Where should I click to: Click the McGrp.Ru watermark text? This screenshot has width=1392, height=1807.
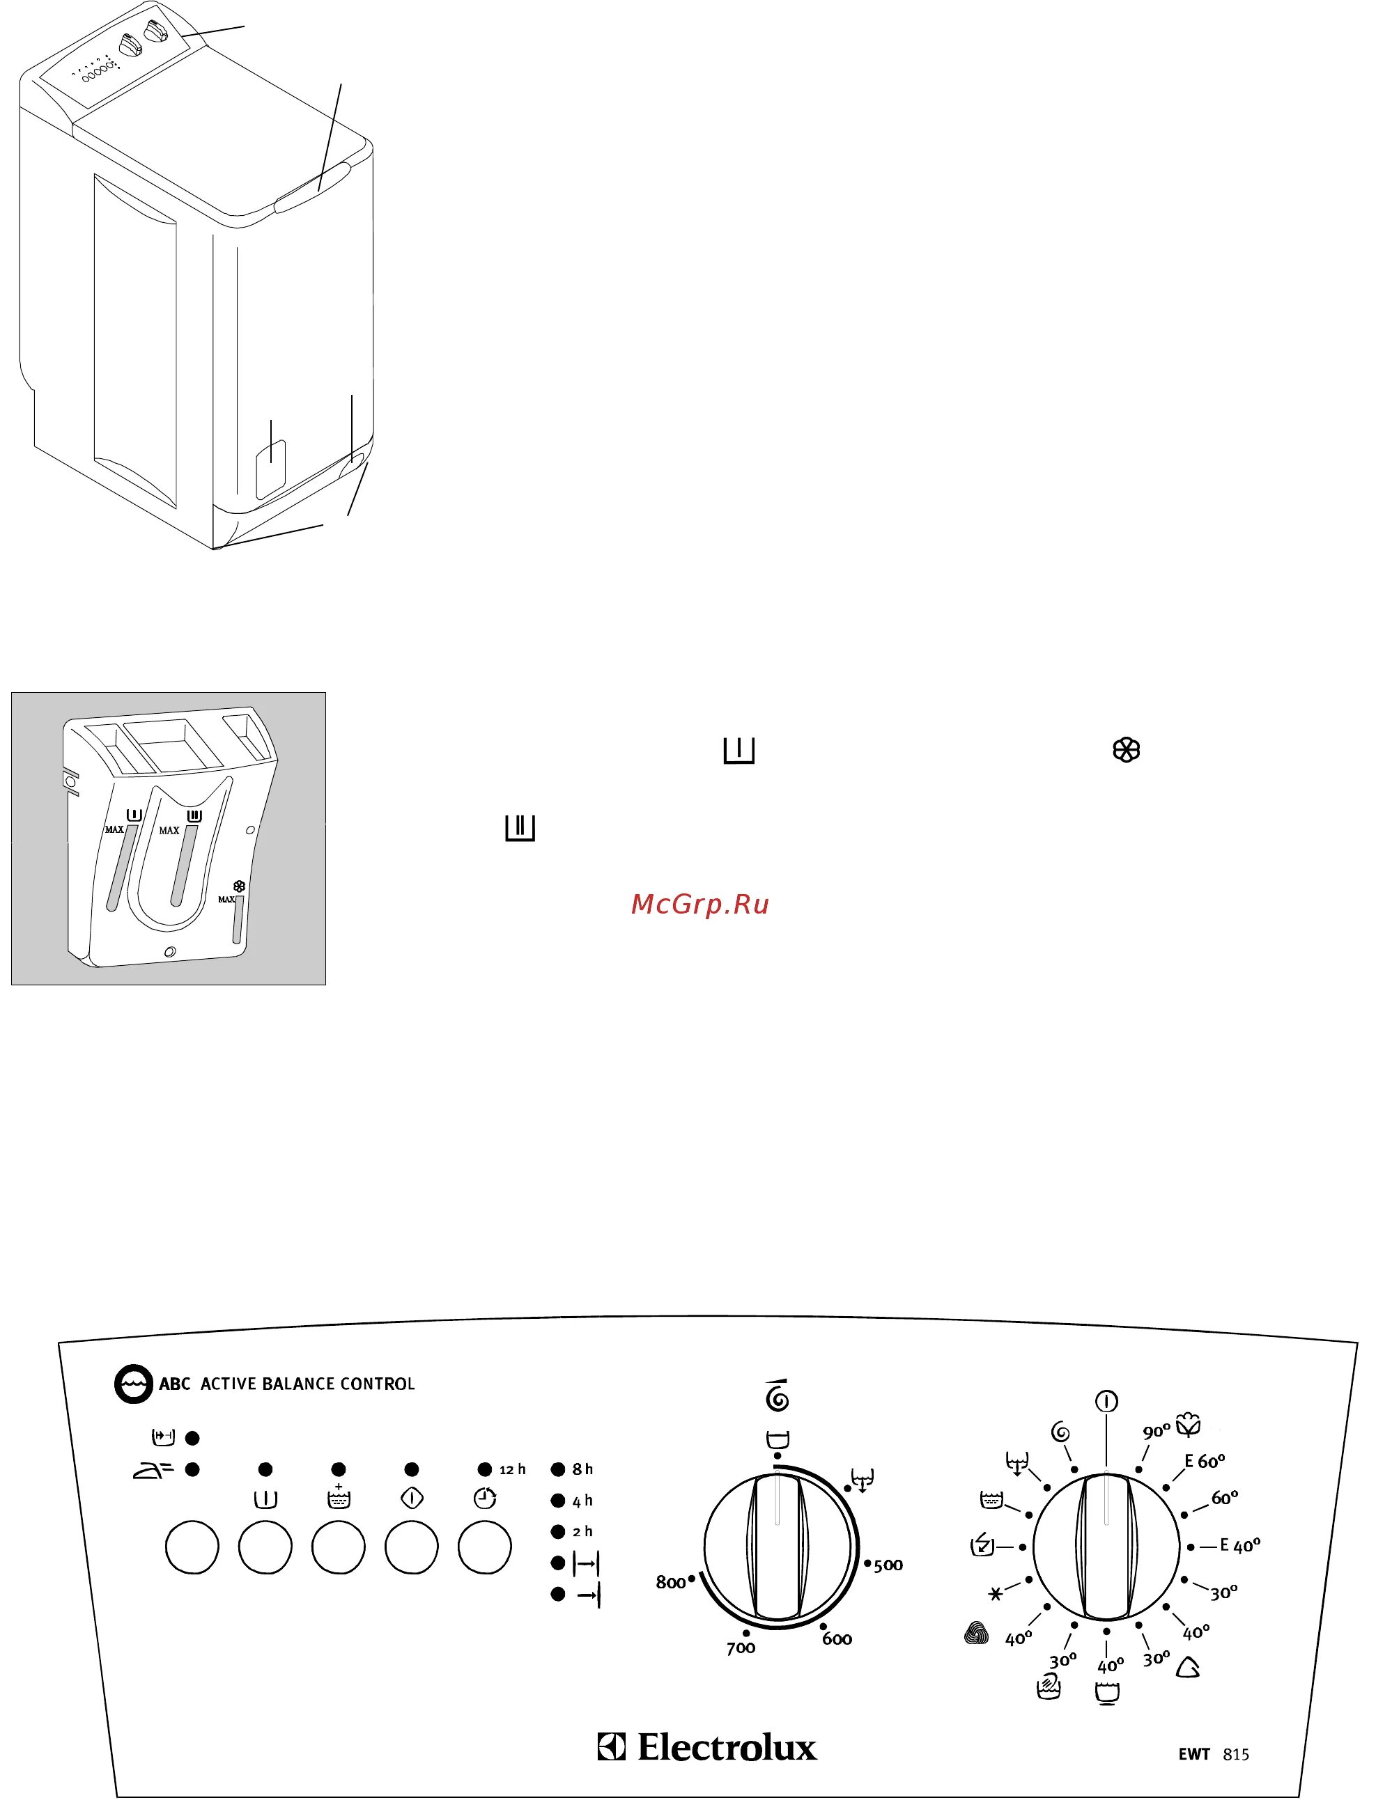click(699, 905)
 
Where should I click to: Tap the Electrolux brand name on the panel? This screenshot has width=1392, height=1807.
click(726, 1746)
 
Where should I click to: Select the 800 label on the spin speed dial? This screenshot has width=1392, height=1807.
click(670, 1582)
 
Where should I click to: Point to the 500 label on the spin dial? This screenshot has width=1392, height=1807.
click(888, 1565)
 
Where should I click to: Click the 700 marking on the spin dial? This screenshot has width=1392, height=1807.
click(741, 1648)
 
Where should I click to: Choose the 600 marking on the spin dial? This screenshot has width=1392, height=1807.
click(837, 1638)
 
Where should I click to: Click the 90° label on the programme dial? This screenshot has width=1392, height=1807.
click(1156, 1432)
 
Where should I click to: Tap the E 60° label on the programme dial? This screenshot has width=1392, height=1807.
click(1204, 1460)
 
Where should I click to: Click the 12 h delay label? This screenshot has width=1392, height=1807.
click(512, 1469)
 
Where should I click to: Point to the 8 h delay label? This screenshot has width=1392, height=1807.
click(582, 1469)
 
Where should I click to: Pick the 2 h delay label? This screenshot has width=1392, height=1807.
click(582, 1531)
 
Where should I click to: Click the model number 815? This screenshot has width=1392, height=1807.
click(1235, 1754)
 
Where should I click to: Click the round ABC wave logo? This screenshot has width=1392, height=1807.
click(133, 1384)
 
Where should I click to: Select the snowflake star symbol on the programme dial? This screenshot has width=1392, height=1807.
click(996, 1593)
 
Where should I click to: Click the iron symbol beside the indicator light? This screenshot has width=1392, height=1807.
click(153, 1470)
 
